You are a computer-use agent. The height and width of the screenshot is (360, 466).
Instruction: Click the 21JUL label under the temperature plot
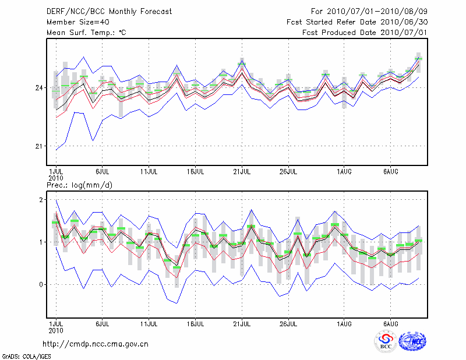tap(242, 172)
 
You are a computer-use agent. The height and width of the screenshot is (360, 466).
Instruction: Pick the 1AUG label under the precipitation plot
tap(343, 323)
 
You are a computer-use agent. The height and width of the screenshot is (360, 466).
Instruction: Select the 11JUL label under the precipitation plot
tap(149, 323)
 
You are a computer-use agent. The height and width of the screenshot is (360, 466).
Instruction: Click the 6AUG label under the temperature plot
tap(390, 172)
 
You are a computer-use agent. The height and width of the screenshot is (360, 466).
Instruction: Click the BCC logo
tap(386, 341)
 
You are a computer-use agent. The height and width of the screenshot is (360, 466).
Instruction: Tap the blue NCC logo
tap(412, 341)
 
